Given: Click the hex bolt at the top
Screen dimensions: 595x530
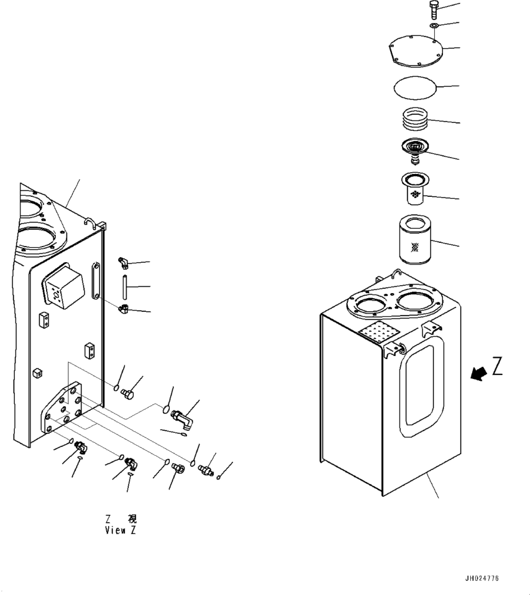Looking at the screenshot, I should tap(433, 9).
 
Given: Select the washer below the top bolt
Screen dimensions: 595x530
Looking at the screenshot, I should tap(433, 25).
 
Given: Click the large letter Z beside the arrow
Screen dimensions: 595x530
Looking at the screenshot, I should tap(498, 367).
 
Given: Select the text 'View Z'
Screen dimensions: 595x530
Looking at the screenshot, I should tap(121, 530).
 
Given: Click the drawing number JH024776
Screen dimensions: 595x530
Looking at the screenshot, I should tap(481, 579).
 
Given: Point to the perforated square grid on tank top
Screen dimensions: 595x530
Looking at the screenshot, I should tap(378, 334).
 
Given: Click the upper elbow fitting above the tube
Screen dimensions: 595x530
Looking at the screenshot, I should tap(123, 263).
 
